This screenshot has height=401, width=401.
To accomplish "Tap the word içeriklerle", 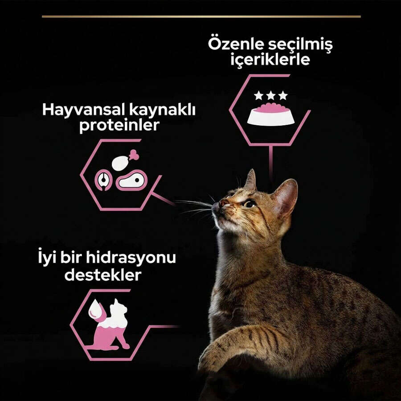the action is click(270, 60).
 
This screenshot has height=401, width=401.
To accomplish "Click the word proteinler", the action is click(119, 125).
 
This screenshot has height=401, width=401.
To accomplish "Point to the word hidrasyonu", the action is click(131, 258).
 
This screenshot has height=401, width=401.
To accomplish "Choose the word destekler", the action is click(103, 275).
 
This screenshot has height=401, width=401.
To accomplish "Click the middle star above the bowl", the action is click(270, 96).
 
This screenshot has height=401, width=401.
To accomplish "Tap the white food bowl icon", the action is click(271, 115).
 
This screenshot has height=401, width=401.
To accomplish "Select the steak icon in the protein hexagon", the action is click(131, 180).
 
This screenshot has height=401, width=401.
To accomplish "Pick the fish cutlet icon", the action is click(103, 180).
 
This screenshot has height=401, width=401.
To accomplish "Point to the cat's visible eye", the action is click(250, 204).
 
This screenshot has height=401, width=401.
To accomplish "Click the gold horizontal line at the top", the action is click(201, 16).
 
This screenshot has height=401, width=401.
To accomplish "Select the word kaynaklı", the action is click(162, 110).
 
